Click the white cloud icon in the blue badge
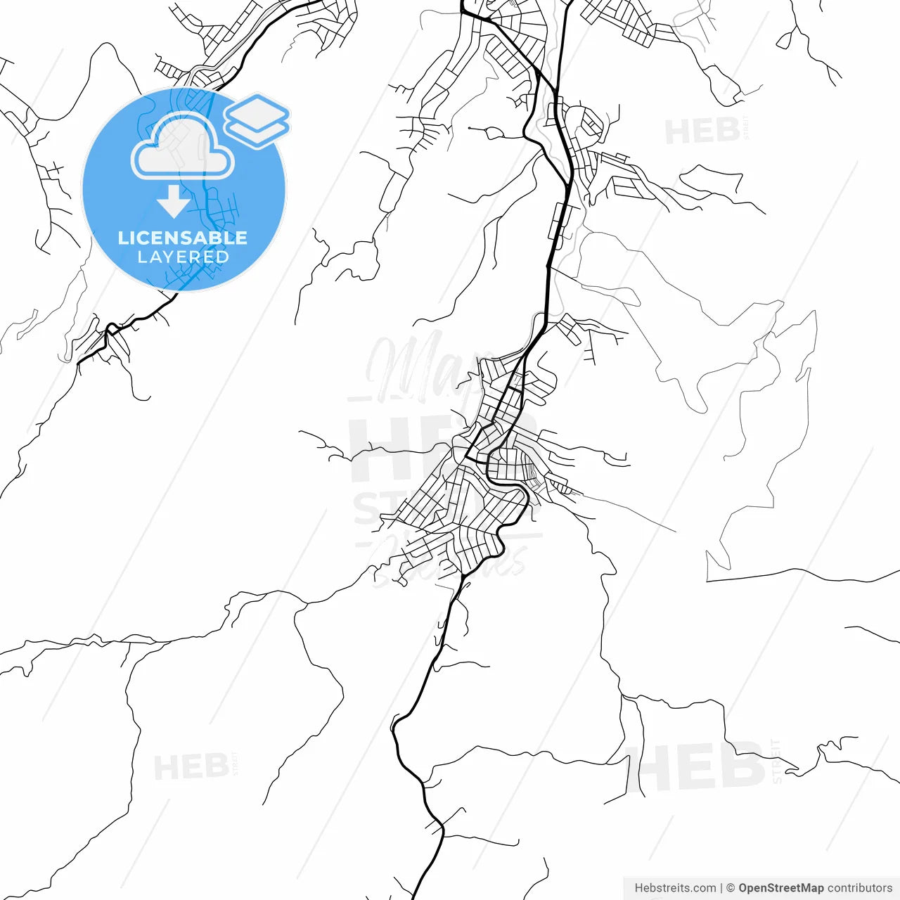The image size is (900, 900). [x=183, y=148]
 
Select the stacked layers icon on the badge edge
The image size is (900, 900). [x=257, y=121]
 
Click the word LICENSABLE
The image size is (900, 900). [x=182, y=238]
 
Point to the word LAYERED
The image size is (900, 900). [x=183, y=257]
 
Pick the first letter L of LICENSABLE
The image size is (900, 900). [x=123, y=238]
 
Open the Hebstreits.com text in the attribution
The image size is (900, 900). [x=675, y=888]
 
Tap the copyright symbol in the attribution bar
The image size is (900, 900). [x=731, y=888]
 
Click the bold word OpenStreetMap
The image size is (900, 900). [x=780, y=888]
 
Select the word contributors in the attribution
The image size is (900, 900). [x=860, y=888]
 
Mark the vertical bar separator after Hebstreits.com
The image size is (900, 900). [x=721, y=888]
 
